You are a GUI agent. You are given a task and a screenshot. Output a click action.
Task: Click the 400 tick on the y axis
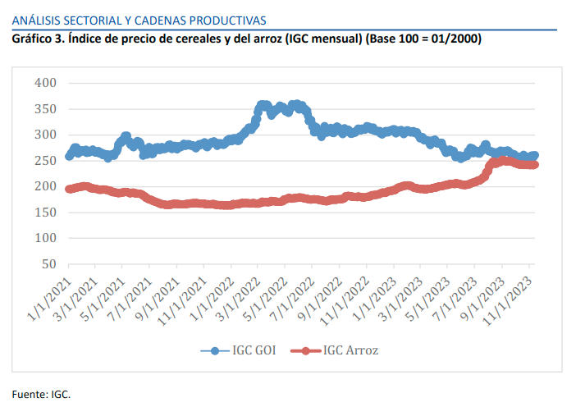click(45, 83)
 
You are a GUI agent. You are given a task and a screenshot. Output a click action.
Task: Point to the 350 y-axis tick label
click(45, 109)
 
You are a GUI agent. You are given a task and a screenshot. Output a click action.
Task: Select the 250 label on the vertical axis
click(45, 161)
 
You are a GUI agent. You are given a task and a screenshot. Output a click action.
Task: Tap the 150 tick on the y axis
click(45, 213)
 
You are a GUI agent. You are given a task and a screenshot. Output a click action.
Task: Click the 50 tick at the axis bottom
click(48, 264)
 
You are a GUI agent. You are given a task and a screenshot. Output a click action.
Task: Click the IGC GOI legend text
click(254, 351)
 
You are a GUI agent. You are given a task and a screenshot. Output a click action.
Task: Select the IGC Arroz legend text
click(350, 351)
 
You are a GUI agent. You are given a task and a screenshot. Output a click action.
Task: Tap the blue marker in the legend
click(215, 351)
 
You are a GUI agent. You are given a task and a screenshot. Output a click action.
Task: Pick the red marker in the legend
click(306, 351)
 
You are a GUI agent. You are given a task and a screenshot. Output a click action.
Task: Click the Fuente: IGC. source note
click(41, 394)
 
